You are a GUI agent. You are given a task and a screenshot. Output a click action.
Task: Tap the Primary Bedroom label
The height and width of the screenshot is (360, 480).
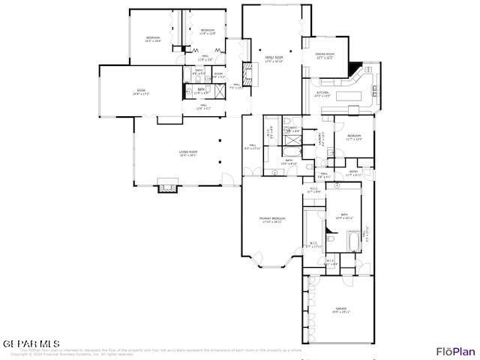coord(271,220)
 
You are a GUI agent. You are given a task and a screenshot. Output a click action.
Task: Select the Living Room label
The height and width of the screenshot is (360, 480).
coord(187,154)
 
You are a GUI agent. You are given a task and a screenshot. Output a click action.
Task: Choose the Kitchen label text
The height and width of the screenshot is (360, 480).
coord(322,94)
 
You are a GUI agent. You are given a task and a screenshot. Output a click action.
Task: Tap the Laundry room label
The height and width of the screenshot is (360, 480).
coord(322,137)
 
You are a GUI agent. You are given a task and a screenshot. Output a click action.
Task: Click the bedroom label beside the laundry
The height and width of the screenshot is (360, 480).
coord(354,137)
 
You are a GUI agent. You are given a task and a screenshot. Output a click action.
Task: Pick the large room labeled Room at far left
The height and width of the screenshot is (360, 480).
coord(141,94)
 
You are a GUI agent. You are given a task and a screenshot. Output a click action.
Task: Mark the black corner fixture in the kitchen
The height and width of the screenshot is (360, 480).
coord(355,69)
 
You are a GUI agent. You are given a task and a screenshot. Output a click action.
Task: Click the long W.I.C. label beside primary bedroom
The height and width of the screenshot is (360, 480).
coord(313,244)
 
